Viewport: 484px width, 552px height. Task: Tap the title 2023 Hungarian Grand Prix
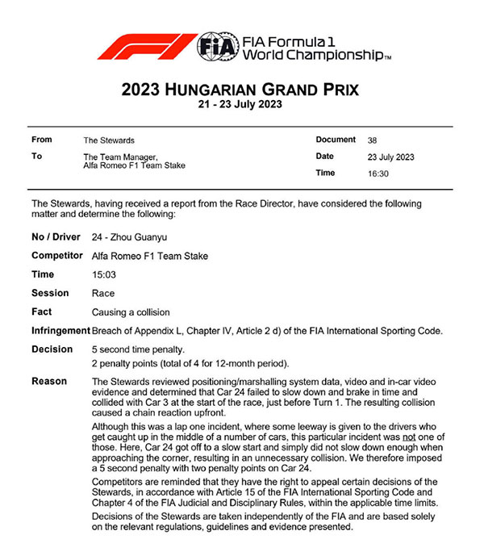[242, 89]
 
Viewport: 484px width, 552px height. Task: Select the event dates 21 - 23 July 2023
[242, 104]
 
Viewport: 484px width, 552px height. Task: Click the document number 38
[372, 140]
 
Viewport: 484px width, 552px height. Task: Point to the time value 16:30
[377, 174]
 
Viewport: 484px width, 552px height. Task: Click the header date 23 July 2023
[390, 157]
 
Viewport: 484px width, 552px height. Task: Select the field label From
[42, 140]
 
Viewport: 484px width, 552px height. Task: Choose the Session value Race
[103, 294]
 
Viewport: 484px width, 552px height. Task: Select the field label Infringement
[60, 330]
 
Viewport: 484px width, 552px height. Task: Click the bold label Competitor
[57, 257]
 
